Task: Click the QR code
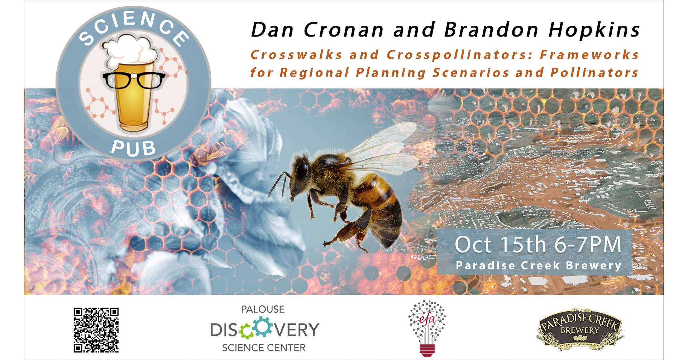96,330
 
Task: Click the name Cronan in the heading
344,29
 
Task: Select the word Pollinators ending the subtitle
594,72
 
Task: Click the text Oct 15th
501,245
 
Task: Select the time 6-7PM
588,245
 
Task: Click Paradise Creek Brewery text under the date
538,266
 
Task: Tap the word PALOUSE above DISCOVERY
263,309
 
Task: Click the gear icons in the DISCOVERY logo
256,328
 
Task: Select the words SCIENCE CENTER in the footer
264,348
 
